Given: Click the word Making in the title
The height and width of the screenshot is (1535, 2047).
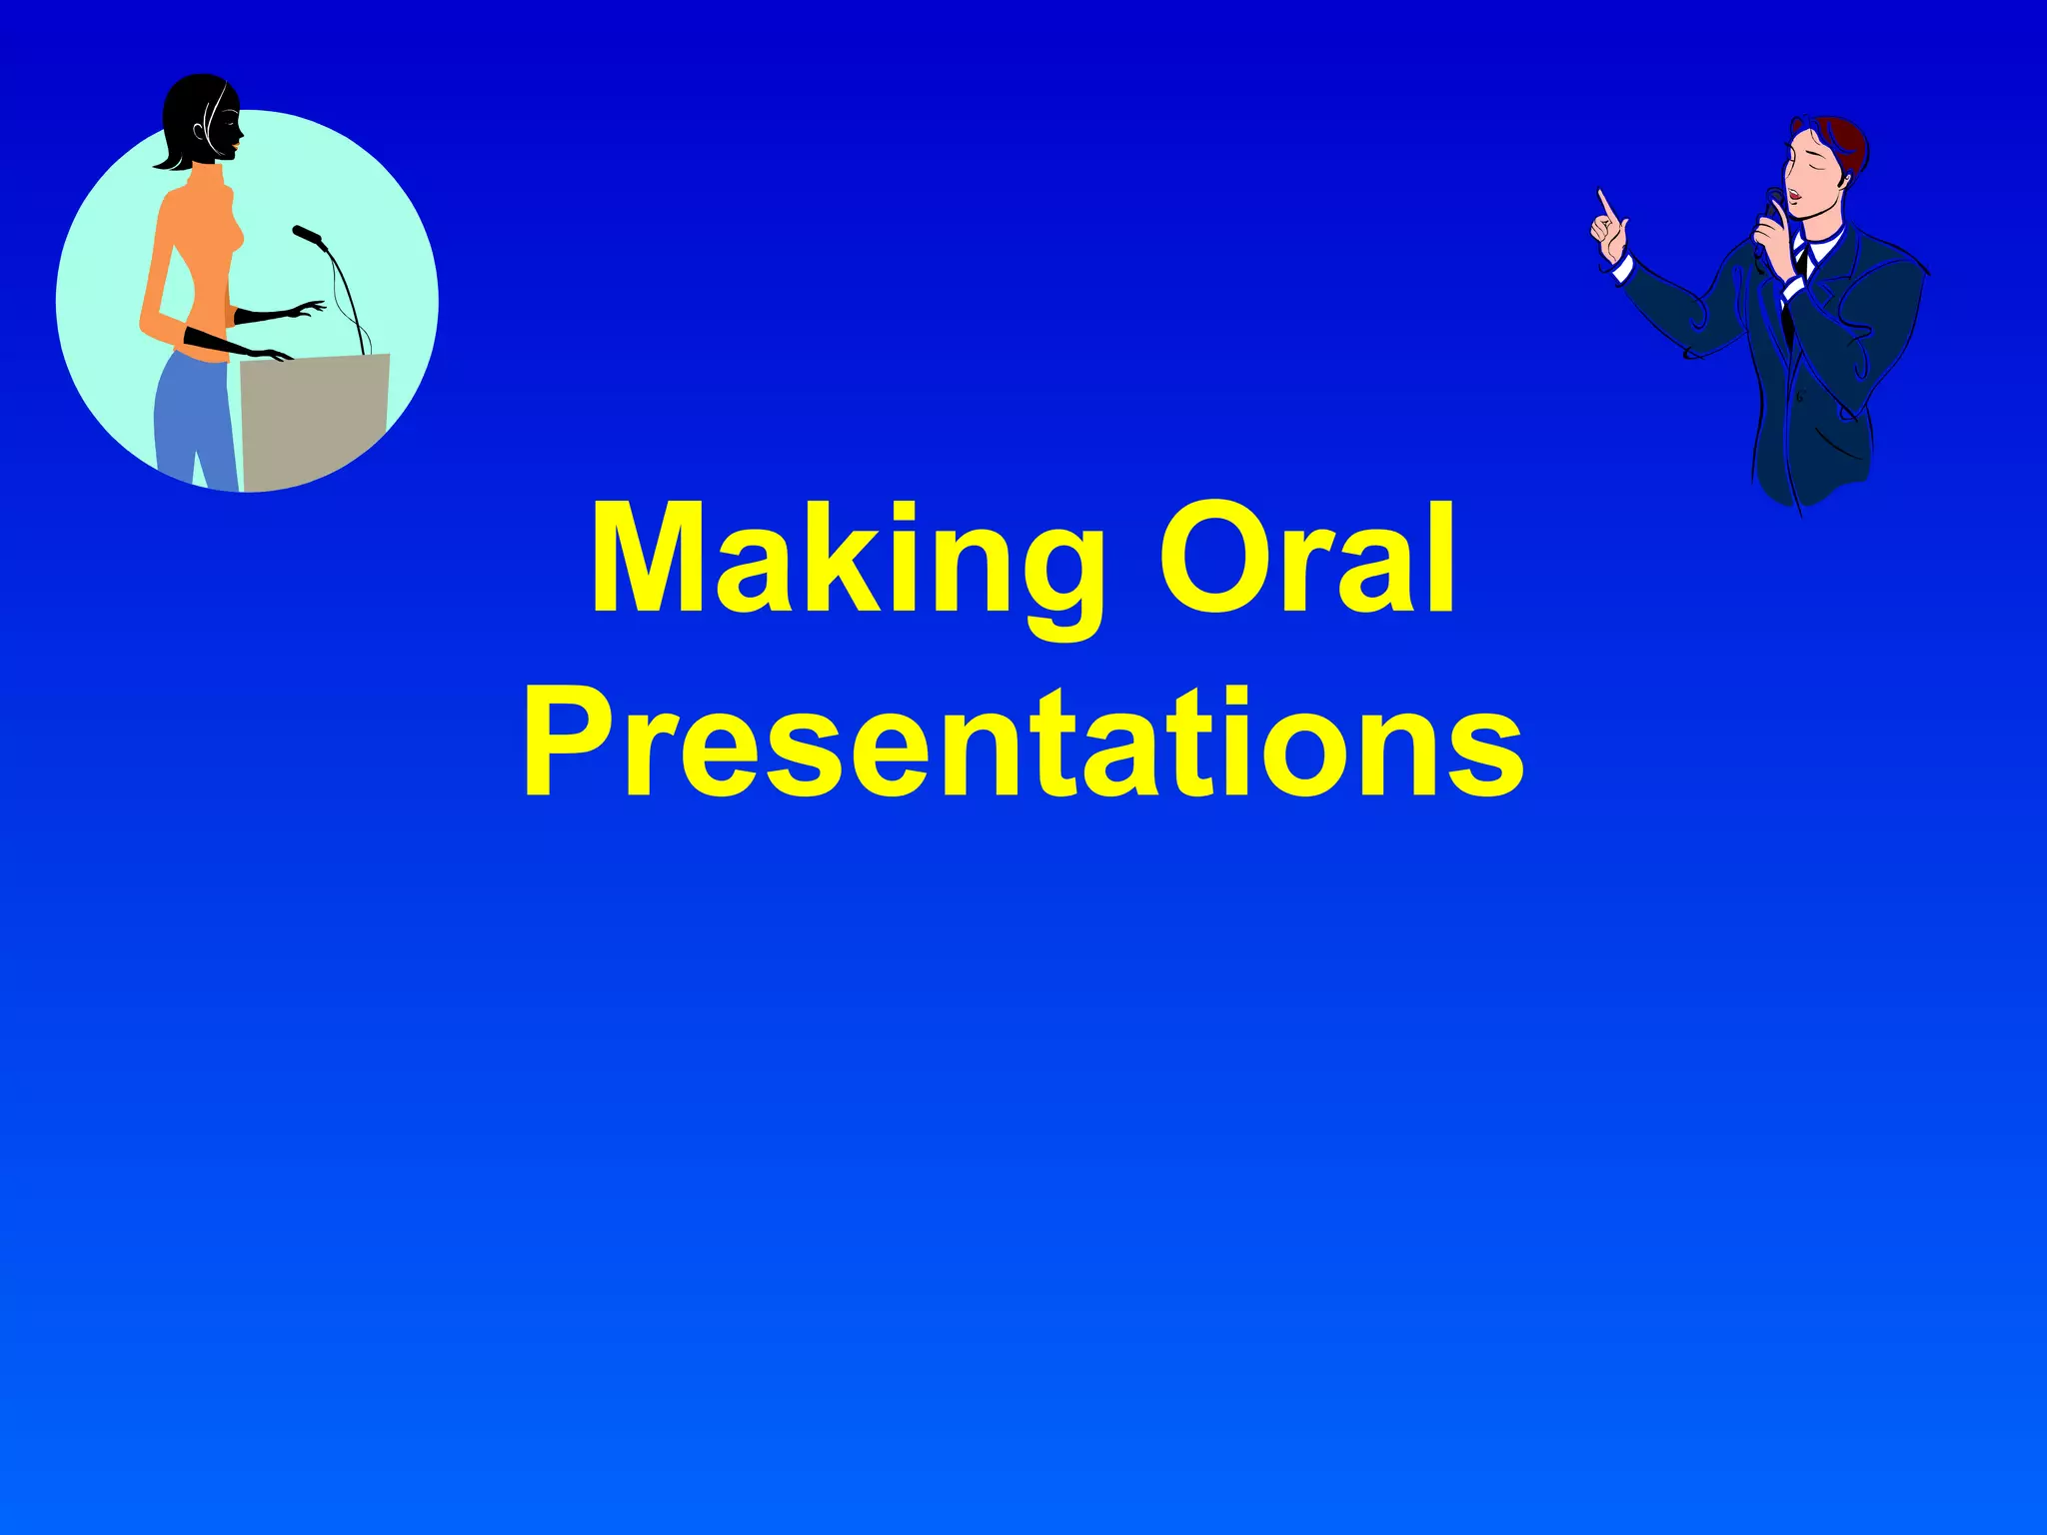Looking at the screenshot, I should (x=845, y=560).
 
